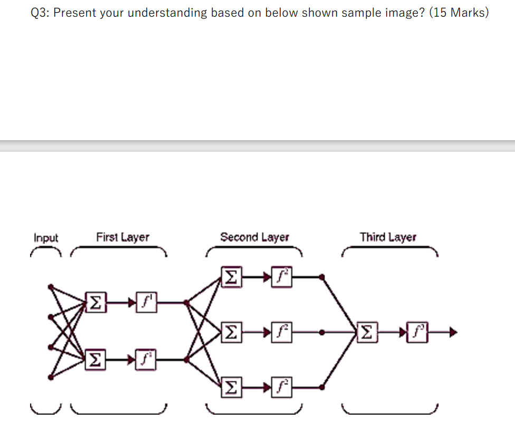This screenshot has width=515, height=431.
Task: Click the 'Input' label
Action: [x=46, y=238]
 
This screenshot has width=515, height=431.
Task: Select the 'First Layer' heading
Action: [x=122, y=237]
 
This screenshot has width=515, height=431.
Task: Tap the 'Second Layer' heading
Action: [x=254, y=237]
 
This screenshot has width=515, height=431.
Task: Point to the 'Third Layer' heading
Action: [x=388, y=237]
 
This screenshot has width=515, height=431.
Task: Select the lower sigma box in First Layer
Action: [x=93, y=360]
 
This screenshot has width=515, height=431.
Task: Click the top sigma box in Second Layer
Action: [x=231, y=276]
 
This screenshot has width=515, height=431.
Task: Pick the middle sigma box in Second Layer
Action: [x=231, y=332]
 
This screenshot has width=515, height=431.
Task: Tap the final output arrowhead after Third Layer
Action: [x=453, y=332]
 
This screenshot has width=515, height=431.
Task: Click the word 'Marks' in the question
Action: [x=465, y=13]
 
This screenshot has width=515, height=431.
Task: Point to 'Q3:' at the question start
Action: [x=41, y=13]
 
